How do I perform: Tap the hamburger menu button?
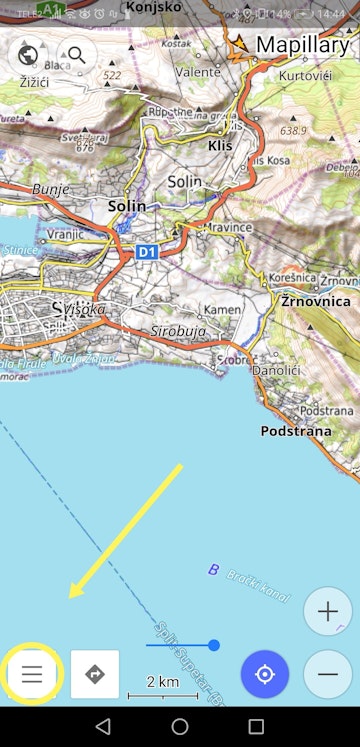click(x=32, y=674)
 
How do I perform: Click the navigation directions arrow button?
click(x=95, y=674)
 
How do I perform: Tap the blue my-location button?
click(x=265, y=674)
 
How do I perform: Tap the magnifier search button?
click(x=77, y=55)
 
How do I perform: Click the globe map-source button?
click(x=28, y=55)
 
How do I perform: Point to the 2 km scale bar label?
click(x=162, y=681)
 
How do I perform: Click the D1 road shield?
click(x=147, y=252)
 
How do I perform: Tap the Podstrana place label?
click(x=294, y=431)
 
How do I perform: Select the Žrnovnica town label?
click(x=315, y=301)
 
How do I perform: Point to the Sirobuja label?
click(x=176, y=330)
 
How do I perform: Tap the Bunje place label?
click(x=49, y=188)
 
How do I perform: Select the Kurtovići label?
click(x=305, y=77)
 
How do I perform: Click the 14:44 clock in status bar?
click(x=330, y=13)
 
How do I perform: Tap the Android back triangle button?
click(x=103, y=726)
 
